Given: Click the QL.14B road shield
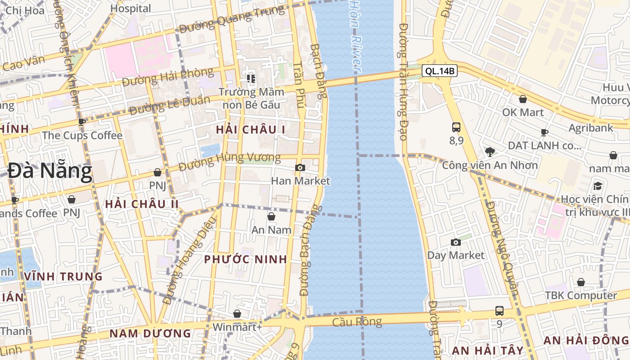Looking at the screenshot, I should (440, 71).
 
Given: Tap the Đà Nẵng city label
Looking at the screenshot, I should (49, 171).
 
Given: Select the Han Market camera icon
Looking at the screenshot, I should (300, 168).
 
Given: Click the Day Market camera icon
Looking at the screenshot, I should (456, 242).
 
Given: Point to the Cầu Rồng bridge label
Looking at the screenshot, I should (357, 322).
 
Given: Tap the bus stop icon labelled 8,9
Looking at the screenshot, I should (456, 127).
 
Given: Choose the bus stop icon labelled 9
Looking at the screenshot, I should (499, 310).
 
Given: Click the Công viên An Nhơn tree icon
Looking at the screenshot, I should (490, 152).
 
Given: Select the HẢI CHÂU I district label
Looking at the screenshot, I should (251, 130).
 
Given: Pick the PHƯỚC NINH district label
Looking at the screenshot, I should (245, 259).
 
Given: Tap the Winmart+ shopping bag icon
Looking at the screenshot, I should (237, 313).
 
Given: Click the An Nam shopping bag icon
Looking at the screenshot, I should (271, 216).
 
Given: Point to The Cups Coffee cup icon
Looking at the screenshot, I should (82, 121).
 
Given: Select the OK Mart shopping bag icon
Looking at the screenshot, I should (523, 99).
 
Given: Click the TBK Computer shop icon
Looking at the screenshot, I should (581, 282).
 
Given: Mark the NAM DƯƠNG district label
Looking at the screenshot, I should (150, 333).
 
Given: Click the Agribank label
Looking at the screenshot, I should (591, 128).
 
